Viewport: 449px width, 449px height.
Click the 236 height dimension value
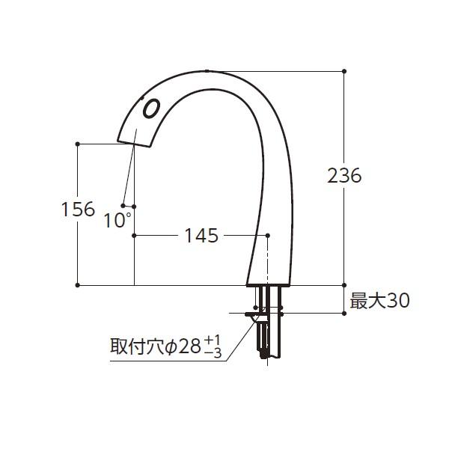(344, 176)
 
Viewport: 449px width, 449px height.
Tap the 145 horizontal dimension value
(201, 236)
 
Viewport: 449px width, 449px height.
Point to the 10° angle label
(117, 220)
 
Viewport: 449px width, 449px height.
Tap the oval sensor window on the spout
(150, 109)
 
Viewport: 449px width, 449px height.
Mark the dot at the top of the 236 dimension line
(344, 71)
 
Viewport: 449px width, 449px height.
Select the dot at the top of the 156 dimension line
(78, 143)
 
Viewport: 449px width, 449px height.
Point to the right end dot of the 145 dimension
(268, 235)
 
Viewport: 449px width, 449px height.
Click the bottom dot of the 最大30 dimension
(344, 314)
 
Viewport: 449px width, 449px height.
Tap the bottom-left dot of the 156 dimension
(78, 285)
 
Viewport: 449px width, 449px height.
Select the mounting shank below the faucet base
(269, 322)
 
